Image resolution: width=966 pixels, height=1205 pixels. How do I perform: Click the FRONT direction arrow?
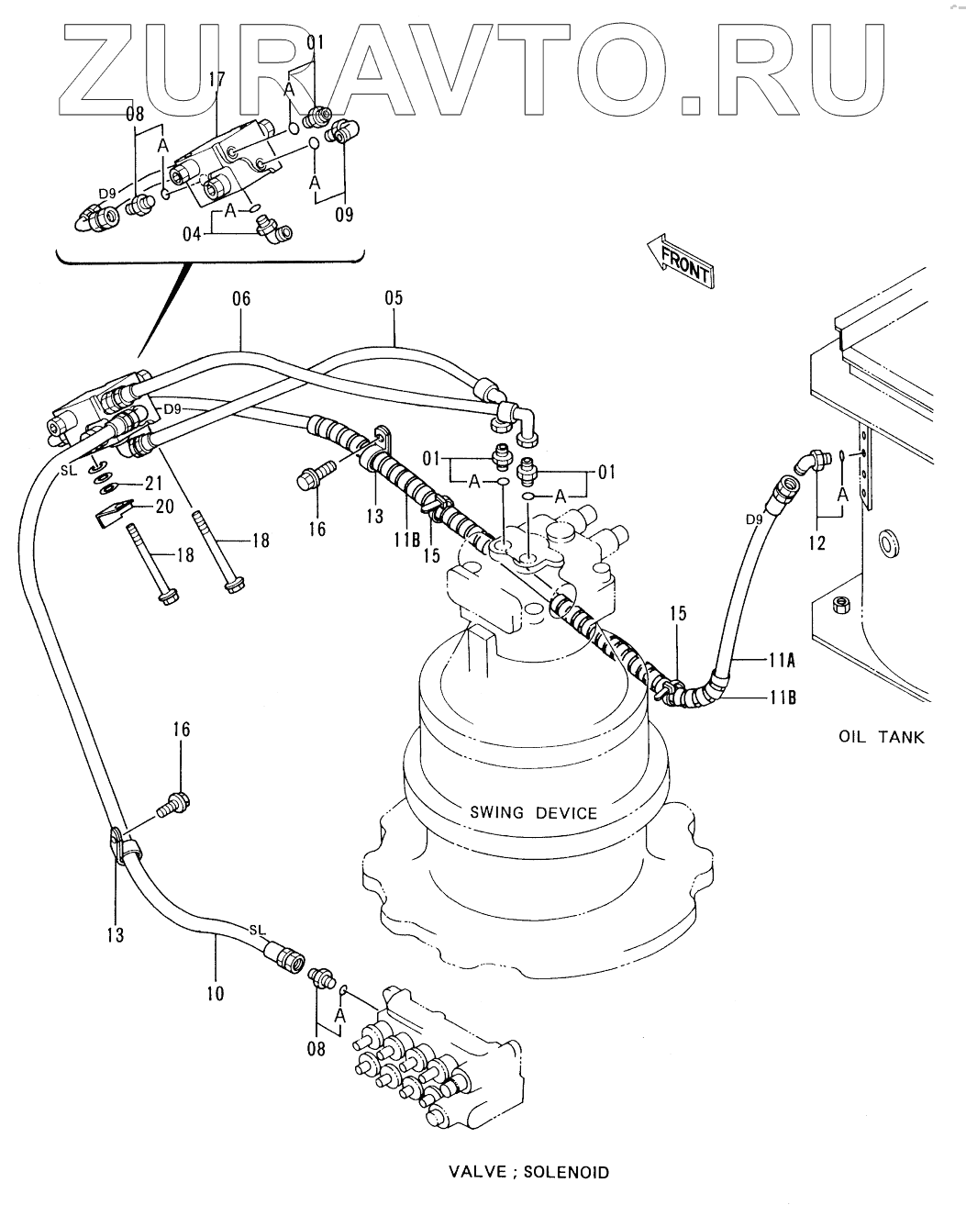680,261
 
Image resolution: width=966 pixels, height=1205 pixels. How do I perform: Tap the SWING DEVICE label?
533,813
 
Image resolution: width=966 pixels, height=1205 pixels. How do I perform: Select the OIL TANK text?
881,737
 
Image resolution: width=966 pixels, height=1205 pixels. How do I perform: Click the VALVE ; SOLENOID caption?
529,1168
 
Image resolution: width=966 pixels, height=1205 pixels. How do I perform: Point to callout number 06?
241,298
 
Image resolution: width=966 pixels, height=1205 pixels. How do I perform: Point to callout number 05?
394,298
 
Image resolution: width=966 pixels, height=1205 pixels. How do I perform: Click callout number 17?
217,80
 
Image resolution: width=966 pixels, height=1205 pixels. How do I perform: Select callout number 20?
164,507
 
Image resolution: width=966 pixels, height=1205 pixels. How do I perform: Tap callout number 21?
153,483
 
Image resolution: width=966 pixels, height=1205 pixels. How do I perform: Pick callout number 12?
817,542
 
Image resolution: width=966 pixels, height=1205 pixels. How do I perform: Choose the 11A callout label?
782,661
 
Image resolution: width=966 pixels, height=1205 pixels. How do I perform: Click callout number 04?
192,234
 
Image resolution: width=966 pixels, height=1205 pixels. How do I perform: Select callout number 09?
344,214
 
